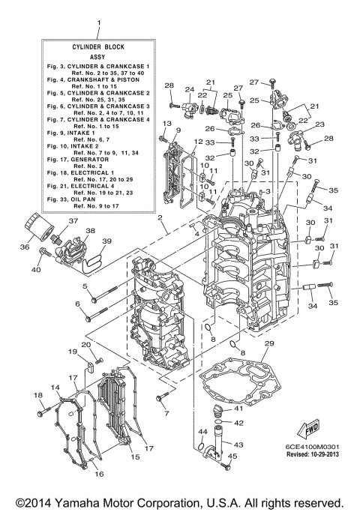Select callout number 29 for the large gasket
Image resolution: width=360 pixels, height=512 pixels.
click(x=268, y=343)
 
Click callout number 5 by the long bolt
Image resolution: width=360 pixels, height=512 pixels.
click(x=85, y=286)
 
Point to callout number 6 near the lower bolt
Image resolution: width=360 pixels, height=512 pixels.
click(x=77, y=304)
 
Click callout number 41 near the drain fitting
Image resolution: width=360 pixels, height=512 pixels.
click(x=238, y=409)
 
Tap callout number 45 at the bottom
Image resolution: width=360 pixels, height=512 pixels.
click(x=233, y=456)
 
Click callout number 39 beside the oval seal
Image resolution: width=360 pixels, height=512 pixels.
click(x=106, y=241)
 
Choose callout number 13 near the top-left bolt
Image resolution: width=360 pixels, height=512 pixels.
click(x=166, y=123)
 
